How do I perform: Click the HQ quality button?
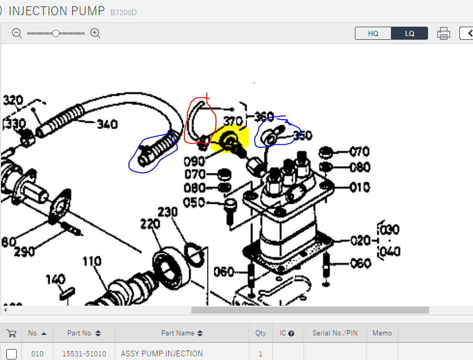tap(373, 33)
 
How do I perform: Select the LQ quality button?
tap(410, 33)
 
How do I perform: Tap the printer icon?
tap(444, 33)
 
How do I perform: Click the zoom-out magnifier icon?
tap(17, 33)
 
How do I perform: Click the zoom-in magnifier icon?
tap(95, 33)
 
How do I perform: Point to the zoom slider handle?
tap(56, 33)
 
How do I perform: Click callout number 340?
tap(107, 124)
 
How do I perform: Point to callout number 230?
tap(168, 212)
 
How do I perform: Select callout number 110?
tap(91, 261)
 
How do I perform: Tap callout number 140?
tap(55, 280)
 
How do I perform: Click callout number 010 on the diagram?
tap(360, 187)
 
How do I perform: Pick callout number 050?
tap(195, 202)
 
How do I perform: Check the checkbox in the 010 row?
tap(11, 354)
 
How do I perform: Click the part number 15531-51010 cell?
tap(84, 354)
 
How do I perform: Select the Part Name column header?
tap(178, 333)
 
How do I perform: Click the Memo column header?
tap(382, 333)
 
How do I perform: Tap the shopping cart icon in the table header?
tap(11, 333)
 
